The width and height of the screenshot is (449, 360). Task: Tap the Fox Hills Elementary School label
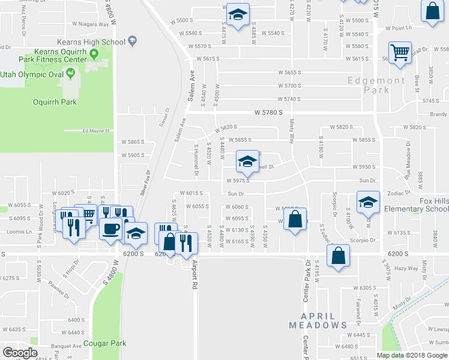(x=417, y=205)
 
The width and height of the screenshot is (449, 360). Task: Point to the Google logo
(x=20, y=353)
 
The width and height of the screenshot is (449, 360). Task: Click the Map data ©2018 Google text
(x=411, y=355)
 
